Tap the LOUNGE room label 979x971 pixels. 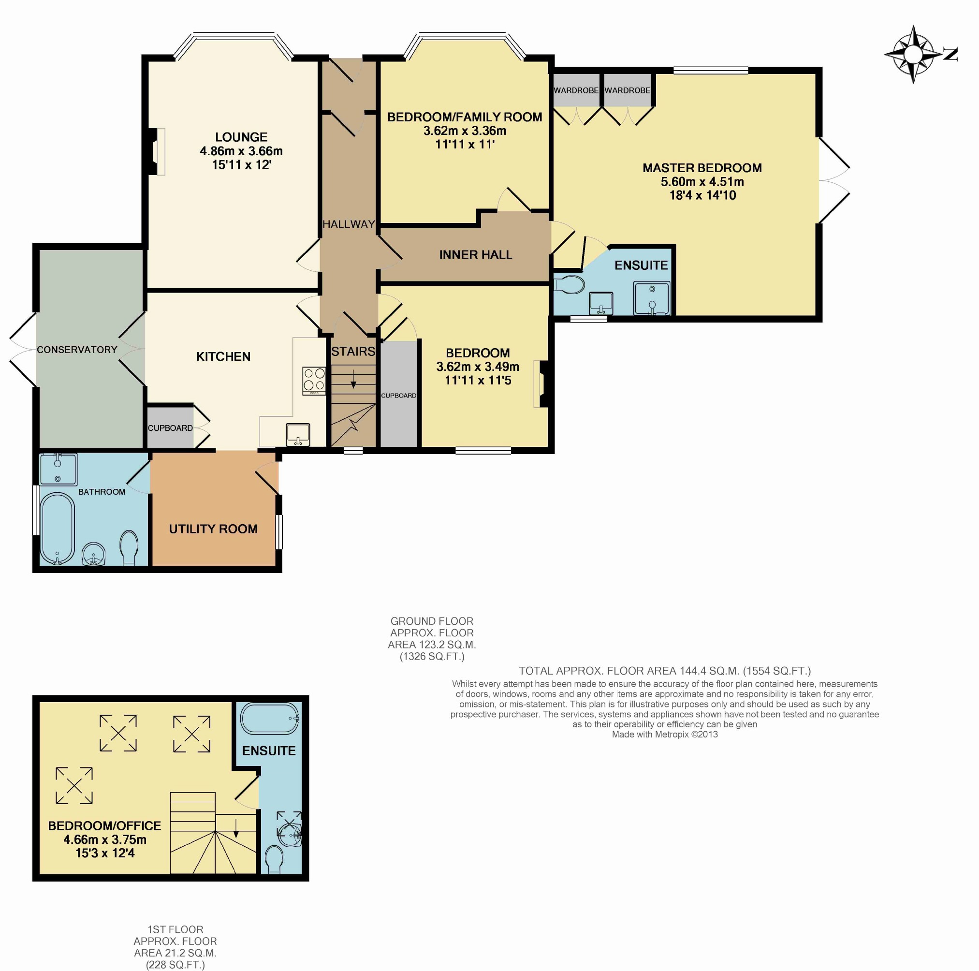[x=241, y=137]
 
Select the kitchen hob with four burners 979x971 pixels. [x=314, y=381]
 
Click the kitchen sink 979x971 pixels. [x=298, y=435]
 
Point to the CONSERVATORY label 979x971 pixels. [x=77, y=350]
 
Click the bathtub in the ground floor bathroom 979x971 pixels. [x=57, y=529]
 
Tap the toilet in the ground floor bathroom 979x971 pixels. [x=129, y=548]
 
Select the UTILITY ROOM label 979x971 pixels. [x=213, y=529]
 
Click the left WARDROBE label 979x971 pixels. [x=576, y=91]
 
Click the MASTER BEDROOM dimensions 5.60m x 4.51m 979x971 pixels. [x=702, y=182]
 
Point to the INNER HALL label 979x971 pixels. [x=476, y=255]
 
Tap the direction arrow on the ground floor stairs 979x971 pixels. [x=353, y=379]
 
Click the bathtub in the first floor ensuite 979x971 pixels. [x=270, y=719]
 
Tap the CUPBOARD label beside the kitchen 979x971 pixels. [x=170, y=428]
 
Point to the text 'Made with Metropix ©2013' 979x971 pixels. [x=665, y=735]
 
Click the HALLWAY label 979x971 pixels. [x=349, y=224]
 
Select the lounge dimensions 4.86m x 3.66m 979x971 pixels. [x=241, y=151]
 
